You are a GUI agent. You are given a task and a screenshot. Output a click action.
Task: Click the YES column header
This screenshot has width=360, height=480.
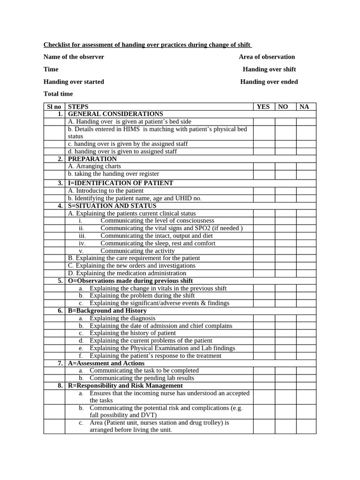tap(263, 107)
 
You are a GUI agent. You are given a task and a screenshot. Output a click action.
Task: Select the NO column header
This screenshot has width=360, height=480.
tap(283, 107)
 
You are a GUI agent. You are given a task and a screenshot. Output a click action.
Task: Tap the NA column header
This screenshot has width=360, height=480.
tap(304, 107)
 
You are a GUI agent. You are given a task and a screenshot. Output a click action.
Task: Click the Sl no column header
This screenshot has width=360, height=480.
tap(54, 107)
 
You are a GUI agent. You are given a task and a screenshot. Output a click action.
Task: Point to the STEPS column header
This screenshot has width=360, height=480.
tap(78, 107)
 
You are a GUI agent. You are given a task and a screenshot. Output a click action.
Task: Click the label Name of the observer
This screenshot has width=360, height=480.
tap(74, 57)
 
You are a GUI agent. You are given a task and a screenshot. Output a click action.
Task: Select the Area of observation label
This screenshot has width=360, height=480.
tap(267, 57)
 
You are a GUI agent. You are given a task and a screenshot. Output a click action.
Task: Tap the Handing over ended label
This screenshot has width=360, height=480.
tap(269, 82)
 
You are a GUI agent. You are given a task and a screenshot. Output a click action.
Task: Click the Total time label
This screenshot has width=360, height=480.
tap(58, 94)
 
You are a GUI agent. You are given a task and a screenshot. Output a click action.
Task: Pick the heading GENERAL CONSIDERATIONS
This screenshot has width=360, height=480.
tap(115, 114)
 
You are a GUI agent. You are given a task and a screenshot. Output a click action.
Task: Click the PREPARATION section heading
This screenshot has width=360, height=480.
tap(92, 159)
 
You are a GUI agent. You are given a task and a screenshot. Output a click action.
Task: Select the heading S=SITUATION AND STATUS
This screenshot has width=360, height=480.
tap(112, 206)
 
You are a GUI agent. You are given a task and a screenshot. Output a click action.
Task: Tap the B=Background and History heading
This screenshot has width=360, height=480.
tap(107, 311)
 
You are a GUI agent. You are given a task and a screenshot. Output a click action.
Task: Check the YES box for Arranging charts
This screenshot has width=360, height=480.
tap(264, 166)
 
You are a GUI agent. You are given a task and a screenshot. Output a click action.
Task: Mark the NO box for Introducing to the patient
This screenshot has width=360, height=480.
tap(285, 191)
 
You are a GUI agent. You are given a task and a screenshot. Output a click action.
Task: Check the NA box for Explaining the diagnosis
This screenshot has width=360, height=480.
tap(306, 318)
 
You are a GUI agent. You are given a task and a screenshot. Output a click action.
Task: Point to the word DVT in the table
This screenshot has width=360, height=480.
tap(150, 415)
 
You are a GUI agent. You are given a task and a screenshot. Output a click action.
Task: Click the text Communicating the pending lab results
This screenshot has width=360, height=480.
tap(142, 378)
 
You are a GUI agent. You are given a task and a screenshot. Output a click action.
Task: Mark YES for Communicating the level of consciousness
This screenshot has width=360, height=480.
tap(264, 221)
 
